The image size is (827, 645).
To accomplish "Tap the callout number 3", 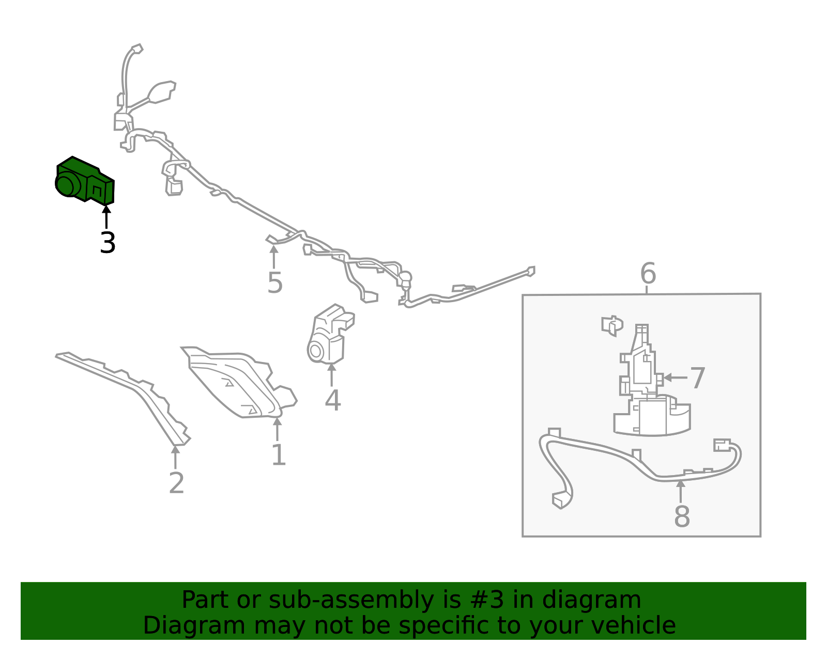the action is click(x=108, y=243).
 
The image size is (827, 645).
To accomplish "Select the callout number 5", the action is click(x=275, y=283).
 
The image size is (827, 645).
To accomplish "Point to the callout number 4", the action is click(x=333, y=400).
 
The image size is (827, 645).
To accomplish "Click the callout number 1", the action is click(x=279, y=454).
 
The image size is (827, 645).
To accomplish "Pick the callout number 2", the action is click(x=177, y=483).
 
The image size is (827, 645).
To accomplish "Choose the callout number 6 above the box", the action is click(x=648, y=273).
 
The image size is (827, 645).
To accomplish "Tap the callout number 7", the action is click(x=698, y=378).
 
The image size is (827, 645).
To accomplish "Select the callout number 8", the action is click(x=682, y=516).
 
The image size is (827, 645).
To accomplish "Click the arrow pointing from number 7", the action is click(x=675, y=378).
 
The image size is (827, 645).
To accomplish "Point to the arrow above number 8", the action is click(x=681, y=492).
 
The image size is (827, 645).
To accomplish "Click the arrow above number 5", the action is click(x=273, y=257).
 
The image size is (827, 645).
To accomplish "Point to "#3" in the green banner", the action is click(x=487, y=600).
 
